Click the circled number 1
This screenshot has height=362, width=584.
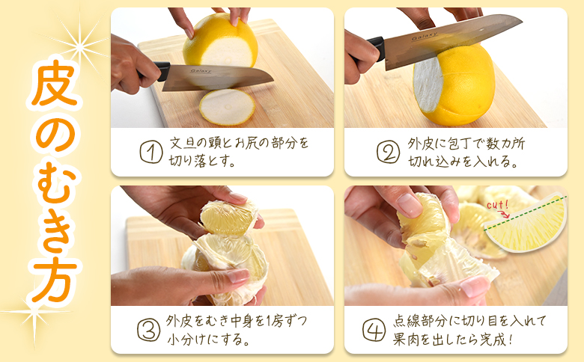[x=151, y=152]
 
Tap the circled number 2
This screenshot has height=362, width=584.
[x=388, y=152]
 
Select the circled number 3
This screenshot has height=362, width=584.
[x=148, y=330]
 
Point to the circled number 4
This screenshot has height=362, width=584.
[x=374, y=330]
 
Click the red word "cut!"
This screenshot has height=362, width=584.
[x=498, y=205]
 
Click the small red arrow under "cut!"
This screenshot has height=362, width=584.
[x=505, y=214]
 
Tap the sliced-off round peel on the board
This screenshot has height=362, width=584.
[x=227, y=107]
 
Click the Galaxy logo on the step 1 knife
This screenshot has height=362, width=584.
[x=201, y=71]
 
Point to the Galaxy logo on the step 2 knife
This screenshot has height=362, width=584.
[x=425, y=36]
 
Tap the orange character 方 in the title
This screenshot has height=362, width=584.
[x=55, y=279]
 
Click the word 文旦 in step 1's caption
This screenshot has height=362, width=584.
[x=182, y=143]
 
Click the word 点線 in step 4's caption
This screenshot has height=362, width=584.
[x=407, y=321]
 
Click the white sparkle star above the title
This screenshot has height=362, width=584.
[x=79, y=46]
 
